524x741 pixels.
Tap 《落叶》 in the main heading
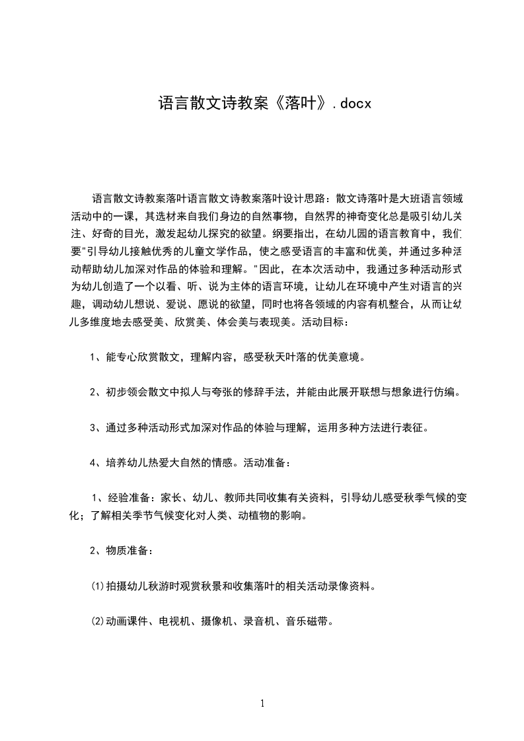pos(297,104)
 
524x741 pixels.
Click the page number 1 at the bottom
pos(262,703)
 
